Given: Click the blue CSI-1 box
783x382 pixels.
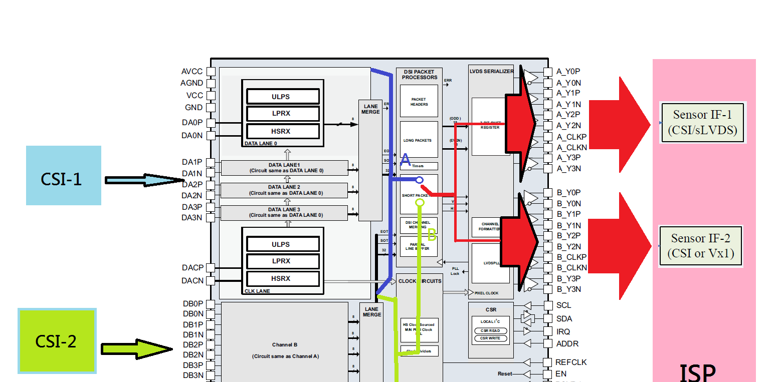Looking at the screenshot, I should point(63,175).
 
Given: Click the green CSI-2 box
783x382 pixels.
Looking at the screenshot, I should point(57,340).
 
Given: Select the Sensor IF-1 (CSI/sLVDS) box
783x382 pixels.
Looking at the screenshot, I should point(702,123).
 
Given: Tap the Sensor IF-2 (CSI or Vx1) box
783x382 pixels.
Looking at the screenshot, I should point(700,246).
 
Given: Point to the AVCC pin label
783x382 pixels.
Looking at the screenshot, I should point(192,72).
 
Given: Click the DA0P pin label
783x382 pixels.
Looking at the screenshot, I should point(192,123).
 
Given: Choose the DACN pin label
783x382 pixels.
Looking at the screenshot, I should point(192,281).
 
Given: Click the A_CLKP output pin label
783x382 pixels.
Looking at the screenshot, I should point(571,137).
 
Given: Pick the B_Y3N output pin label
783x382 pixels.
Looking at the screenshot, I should point(569,289).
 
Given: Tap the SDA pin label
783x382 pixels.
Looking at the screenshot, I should point(563,318).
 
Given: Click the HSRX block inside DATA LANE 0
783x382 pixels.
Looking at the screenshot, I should point(281,131).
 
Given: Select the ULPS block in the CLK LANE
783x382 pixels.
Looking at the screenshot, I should point(281,244).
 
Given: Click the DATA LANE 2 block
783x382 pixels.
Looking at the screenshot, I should point(284,190).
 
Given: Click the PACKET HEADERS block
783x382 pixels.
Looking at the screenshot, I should point(419,102).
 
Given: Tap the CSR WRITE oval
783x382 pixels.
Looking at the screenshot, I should point(491,338).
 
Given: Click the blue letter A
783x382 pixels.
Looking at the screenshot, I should point(406,160).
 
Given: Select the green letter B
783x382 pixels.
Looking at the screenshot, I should point(432,234).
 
